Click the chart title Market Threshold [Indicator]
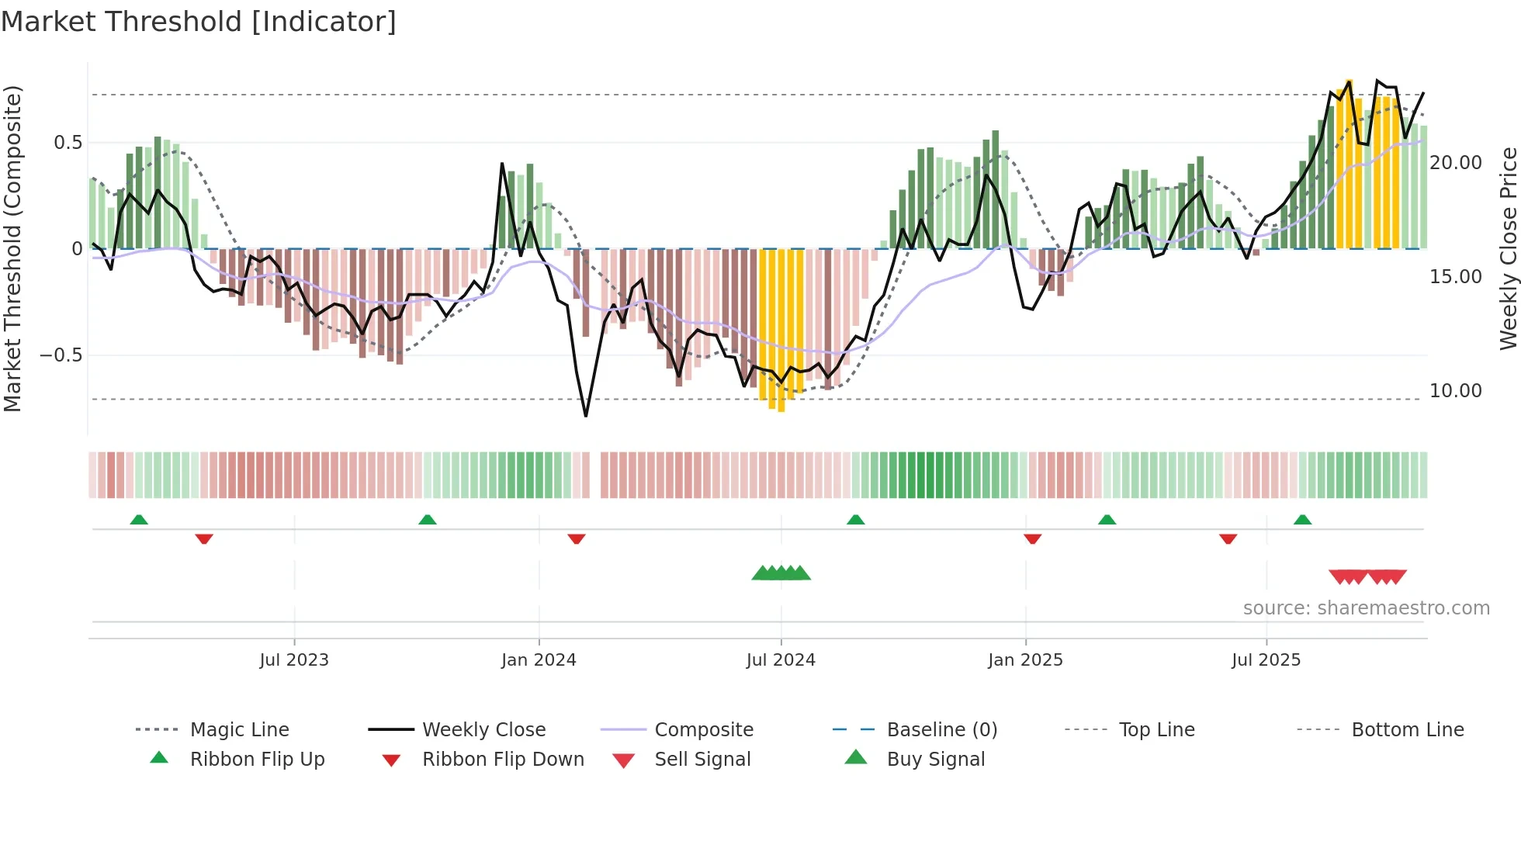point(199,22)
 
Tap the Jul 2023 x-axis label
point(294,660)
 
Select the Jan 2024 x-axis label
point(539,660)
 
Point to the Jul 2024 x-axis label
point(781,660)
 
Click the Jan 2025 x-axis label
point(1025,660)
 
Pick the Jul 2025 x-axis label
point(1266,660)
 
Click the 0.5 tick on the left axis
point(68,143)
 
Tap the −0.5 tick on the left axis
point(61,355)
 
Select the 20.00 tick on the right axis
point(1456,163)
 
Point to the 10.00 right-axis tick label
point(1456,391)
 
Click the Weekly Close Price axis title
point(1508,248)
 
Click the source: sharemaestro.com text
point(1366,608)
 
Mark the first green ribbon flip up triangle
point(139,520)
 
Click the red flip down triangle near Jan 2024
point(576,538)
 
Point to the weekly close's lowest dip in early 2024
point(586,415)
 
